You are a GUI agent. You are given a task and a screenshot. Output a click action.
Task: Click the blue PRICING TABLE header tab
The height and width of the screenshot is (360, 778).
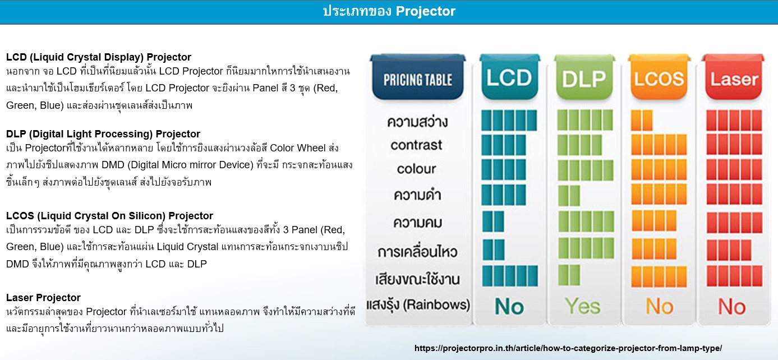click(418, 77)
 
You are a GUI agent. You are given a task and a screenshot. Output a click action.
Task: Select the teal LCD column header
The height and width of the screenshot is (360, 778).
click(509, 77)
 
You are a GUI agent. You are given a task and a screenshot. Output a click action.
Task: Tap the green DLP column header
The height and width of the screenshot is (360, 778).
click(584, 77)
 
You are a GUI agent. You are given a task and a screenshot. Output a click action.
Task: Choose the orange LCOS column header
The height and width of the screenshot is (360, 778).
click(659, 77)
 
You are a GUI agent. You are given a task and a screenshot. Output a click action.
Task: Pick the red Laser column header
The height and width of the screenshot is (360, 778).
click(734, 77)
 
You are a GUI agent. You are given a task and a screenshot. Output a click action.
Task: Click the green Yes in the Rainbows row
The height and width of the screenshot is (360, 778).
click(582, 306)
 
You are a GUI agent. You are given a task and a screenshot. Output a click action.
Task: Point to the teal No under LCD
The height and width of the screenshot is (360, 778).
click(509, 306)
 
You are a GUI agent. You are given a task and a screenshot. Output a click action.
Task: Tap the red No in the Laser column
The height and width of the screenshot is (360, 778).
click(732, 307)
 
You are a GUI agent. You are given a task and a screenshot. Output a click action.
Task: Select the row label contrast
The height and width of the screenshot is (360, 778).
click(416, 145)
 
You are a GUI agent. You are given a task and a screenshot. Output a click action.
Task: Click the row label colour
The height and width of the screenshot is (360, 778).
click(416, 169)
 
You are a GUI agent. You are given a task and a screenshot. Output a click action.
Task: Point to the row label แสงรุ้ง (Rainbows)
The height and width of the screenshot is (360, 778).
click(418, 305)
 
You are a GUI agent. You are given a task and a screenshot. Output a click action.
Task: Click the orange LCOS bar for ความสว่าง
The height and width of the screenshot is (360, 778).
click(642, 120)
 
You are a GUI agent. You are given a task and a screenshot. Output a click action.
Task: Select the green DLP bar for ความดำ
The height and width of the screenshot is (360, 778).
click(569, 196)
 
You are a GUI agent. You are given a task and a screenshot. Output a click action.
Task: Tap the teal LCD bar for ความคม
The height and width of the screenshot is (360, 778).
click(493, 221)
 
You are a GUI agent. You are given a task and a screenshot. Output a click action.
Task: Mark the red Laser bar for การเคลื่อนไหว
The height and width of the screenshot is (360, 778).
click(729, 250)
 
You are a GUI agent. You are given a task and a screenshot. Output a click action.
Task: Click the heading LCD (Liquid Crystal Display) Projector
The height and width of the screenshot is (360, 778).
click(99, 57)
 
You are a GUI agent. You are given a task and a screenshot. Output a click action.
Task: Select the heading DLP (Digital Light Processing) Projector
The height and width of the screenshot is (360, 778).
click(103, 133)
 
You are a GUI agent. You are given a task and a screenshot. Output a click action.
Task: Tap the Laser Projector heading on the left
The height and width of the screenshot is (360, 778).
click(43, 298)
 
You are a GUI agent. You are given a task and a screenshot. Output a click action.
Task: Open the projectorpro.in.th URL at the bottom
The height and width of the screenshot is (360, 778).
click(568, 348)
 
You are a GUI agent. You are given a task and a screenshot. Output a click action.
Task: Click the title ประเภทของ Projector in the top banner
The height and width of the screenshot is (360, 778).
click(389, 11)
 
